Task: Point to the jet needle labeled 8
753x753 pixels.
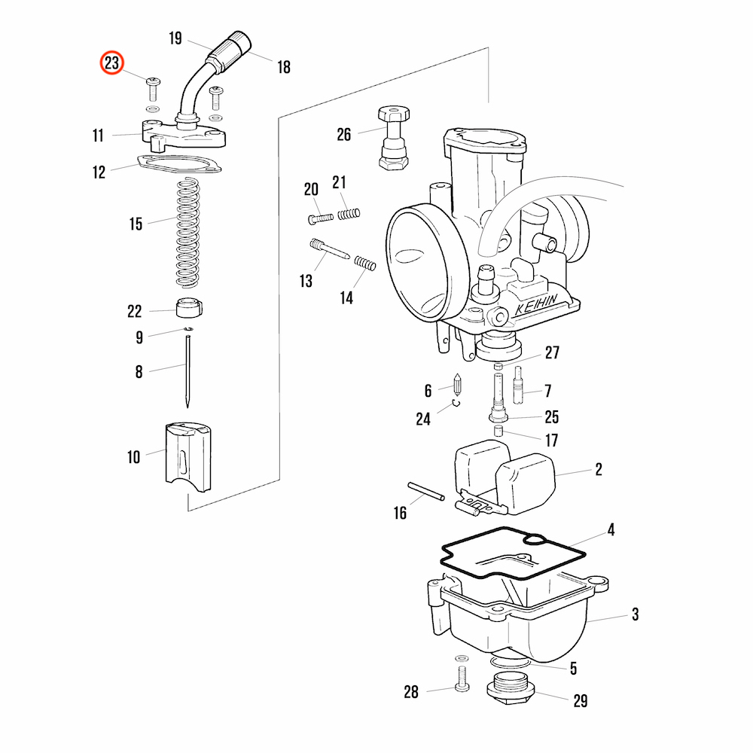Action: point(187,371)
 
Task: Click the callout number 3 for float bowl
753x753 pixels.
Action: point(635,614)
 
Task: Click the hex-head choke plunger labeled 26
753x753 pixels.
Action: point(394,138)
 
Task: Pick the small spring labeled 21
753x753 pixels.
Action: point(348,215)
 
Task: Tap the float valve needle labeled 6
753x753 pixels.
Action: point(457,388)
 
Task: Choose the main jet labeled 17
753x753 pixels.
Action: point(498,431)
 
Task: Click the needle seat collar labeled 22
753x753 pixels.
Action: point(189,308)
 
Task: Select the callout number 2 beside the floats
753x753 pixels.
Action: point(599,470)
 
